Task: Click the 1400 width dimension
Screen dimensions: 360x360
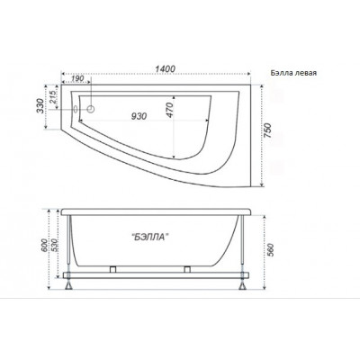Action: (165, 68)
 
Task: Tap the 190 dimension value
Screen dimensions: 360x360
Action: (77, 78)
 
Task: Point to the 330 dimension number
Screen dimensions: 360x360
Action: (40, 105)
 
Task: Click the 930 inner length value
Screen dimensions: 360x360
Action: (139, 116)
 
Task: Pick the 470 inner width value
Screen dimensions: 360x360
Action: (169, 110)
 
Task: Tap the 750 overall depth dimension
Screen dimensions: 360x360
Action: (268, 130)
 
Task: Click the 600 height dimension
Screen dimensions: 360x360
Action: (44, 246)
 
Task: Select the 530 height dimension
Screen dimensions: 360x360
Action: (54, 246)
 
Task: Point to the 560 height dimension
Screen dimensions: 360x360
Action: (270, 250)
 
